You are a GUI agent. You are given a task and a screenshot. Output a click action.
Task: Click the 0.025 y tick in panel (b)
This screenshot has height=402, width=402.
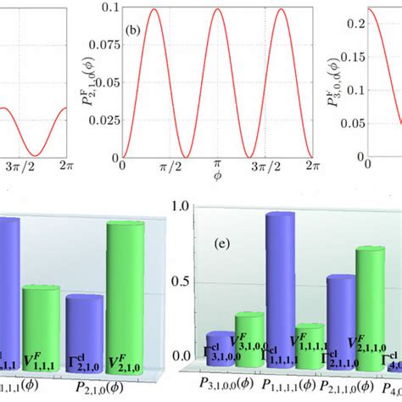[x=104, y=120]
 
